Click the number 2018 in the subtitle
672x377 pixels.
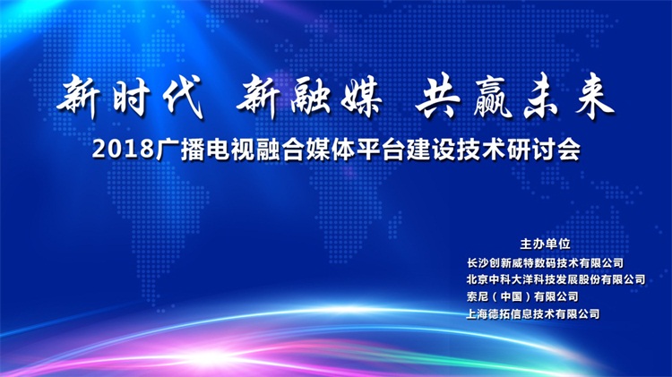(123, 150)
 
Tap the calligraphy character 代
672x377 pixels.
(183, 98)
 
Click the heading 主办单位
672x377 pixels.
(545, 244)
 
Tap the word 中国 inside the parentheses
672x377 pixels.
(512, 297)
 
